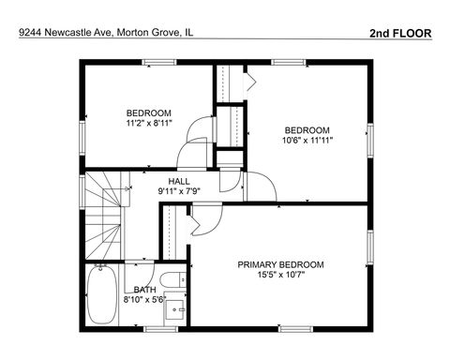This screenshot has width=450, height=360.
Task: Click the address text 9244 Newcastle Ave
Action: tap(65, 32)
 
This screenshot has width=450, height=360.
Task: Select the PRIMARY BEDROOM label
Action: tap(280, 265)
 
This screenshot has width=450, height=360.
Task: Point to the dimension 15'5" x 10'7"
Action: tap(280, 277)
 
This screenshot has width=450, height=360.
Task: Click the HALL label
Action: tap(179, 182)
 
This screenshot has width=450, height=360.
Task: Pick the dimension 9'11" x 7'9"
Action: tap(179, 192)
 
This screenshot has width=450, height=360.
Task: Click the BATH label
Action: tap(144, 291)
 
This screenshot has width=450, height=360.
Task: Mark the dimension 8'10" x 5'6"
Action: tap(144, 301)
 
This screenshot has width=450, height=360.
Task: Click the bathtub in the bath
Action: tap(102, 295)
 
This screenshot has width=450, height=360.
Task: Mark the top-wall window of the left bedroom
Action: tap(159, 63)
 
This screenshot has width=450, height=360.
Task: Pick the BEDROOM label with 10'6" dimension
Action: tap(307, 129)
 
